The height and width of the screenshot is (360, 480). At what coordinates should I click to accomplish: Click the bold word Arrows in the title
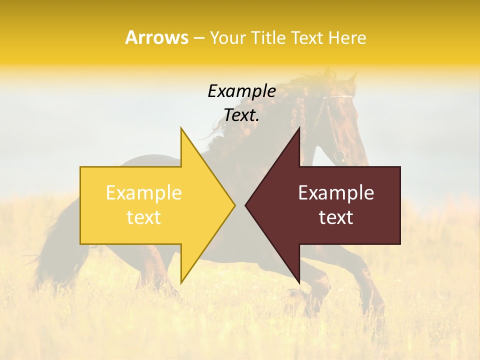156,37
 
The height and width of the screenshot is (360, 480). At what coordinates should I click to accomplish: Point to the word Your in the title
227,37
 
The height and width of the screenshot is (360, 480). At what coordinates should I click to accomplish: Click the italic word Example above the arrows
241,91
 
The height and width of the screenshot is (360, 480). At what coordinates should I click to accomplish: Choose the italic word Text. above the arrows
241,115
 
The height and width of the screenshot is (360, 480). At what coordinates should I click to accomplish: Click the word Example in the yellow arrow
144,193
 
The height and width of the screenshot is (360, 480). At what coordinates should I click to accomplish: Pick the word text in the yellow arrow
144,217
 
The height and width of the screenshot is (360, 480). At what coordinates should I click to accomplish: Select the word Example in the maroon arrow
336,193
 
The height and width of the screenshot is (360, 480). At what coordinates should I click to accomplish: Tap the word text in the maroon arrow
336,217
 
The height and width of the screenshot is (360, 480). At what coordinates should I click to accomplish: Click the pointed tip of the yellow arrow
234,205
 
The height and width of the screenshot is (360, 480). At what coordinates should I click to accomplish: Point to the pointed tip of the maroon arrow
246,205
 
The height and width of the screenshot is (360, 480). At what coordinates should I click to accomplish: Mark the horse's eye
341,114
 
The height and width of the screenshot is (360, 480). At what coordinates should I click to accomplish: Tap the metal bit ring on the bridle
339,156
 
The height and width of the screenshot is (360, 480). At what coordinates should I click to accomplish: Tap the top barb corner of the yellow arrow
181,128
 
